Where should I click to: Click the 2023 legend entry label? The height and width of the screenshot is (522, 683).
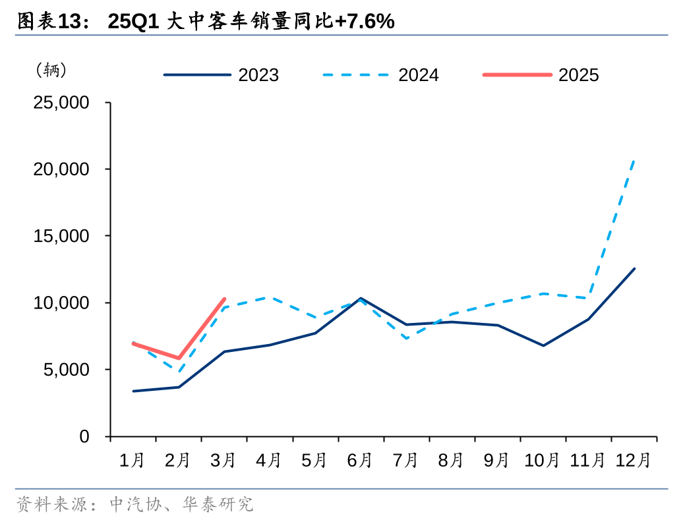(x=258, y=75)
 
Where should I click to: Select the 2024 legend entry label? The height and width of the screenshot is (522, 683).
(x=418, y=75)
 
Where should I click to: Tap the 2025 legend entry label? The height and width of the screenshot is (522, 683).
(x=578, y=75)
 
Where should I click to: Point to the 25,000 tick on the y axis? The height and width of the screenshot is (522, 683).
(x=61, y=103)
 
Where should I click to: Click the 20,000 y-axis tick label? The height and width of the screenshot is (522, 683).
(x=61, y=169)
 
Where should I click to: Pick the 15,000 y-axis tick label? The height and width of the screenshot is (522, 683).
(x=61, y=236)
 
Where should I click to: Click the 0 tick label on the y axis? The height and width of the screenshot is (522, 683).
(x=84, y=436)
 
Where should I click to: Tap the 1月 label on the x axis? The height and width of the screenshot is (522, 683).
(x=133, y=460)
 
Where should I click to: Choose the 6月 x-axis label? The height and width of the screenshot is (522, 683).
(x=360, y=460)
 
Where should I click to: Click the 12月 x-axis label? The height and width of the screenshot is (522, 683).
(x=633, y=460)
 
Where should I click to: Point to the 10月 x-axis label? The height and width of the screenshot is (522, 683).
(x=543, y=460)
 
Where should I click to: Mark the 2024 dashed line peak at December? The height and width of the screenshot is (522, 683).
(x=634, y=159)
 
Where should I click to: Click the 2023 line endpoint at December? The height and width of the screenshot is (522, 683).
(x=634, y=268)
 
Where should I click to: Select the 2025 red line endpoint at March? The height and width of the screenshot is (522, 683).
(x=224, y=299)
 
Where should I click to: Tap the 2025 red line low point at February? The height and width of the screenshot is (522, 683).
(x=179, y=359)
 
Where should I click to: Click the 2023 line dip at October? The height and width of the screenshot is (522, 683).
(x=543, y=345)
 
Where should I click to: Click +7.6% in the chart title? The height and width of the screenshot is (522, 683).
(x=365, y=22)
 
